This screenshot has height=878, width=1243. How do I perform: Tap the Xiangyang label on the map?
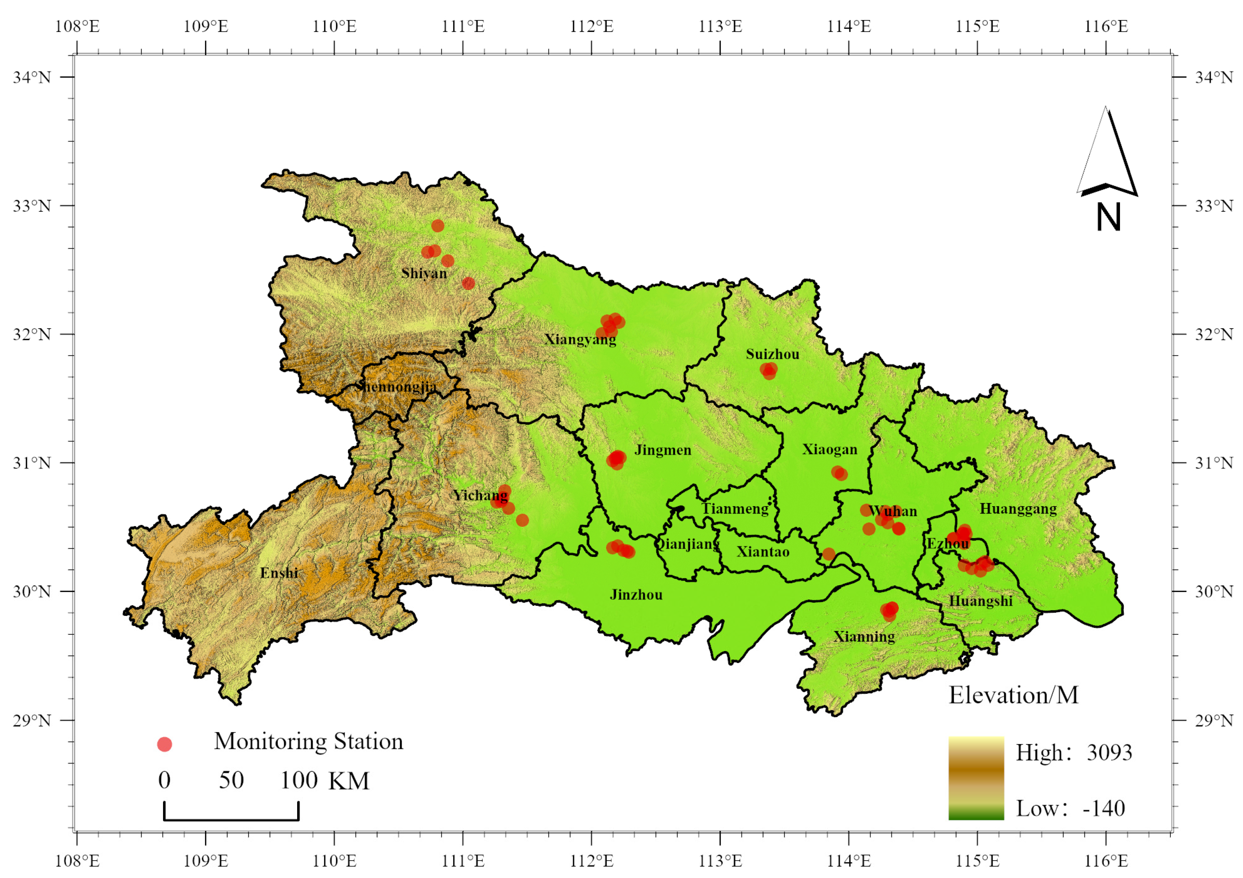click(580, 340)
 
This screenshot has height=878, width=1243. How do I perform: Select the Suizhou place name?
click(772, 354)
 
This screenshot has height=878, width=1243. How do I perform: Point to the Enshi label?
click(279, 573)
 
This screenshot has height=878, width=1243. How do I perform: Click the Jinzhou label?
click(636, 595)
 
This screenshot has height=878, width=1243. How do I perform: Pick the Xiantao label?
click(763, 552)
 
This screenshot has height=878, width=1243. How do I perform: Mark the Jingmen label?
click(663, 450)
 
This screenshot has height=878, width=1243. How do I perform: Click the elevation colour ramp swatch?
click(976, 778)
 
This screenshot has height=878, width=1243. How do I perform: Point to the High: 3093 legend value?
click(1074, 752)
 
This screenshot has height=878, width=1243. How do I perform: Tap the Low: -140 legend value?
click(1070, 808)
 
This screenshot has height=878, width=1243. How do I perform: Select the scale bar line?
click(231, 819)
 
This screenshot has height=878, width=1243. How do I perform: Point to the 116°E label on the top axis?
click(1106, 27)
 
